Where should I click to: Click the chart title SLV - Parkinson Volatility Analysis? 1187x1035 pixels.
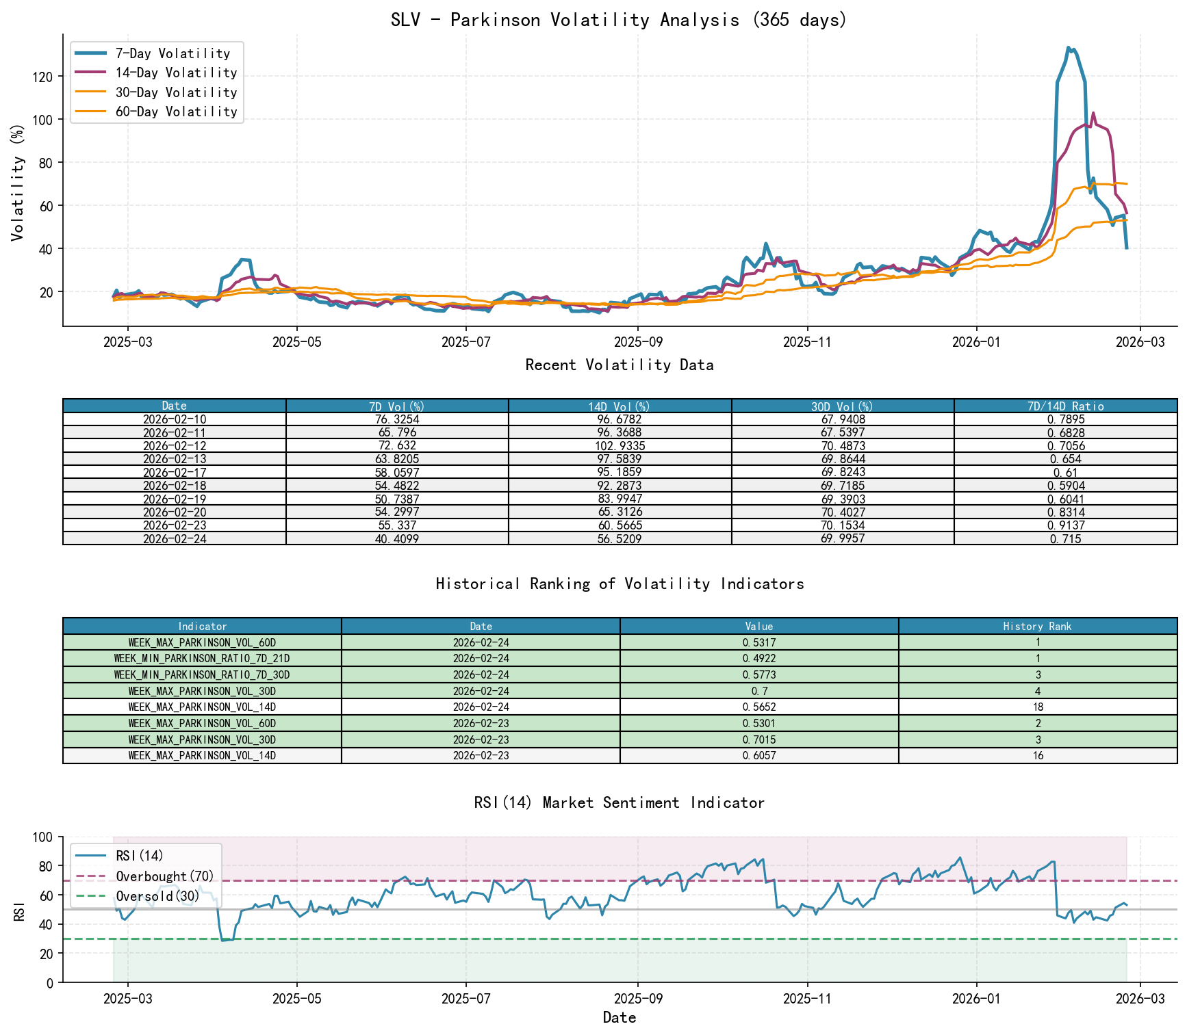point(619,20)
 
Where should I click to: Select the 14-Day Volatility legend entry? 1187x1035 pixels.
point(176,73)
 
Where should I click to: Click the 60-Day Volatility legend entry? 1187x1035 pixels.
point(176,112)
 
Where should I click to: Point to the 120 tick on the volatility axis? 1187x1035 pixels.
point(42,77)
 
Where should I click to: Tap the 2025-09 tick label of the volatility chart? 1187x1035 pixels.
point(637,342)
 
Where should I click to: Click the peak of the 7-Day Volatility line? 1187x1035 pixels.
point(1069,48)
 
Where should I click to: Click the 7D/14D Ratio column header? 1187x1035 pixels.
point(1065,406)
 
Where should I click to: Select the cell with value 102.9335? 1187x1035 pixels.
point(620,445)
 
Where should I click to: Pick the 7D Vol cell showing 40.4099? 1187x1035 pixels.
point(397,538)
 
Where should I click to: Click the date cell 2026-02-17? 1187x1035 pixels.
point(175,472)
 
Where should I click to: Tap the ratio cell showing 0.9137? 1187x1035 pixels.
point(1065,525)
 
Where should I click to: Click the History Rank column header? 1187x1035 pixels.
point(1037,626)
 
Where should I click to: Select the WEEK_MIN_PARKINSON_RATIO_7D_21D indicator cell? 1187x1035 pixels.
point(202,658)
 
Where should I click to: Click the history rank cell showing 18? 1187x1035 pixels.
point(1037,707)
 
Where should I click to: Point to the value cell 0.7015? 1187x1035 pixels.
point(758,739)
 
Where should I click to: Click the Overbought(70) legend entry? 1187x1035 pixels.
point(164,876)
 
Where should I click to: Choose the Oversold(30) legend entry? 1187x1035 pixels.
point(157,896)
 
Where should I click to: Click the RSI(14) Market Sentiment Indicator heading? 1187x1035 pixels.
point(619,802)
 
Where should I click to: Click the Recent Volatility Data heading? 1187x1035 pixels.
point(619,365)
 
